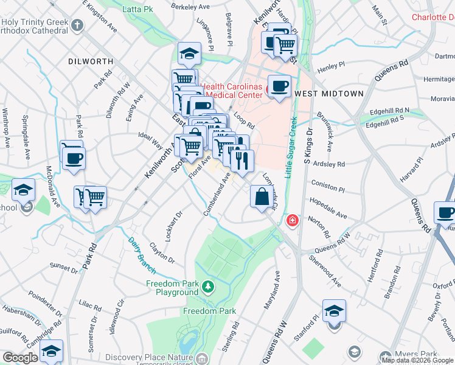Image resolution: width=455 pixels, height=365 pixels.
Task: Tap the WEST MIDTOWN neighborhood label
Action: point(328,94)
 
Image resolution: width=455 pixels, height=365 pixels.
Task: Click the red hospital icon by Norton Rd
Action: point(293,219)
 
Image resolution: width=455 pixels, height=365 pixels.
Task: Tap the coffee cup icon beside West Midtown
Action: point(279,86)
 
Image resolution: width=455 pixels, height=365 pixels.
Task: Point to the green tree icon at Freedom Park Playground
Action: point(209,286)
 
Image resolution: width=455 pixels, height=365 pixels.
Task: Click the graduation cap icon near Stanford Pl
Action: point(334,311)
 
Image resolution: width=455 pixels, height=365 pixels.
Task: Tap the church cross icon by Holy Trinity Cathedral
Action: point(77,26)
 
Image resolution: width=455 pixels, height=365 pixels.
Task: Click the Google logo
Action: point(20,358)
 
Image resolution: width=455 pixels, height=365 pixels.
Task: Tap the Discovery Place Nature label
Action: point(149,358)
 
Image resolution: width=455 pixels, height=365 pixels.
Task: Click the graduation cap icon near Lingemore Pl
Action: point(190,54)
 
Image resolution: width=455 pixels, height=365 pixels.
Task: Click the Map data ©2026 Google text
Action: point(417,360)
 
